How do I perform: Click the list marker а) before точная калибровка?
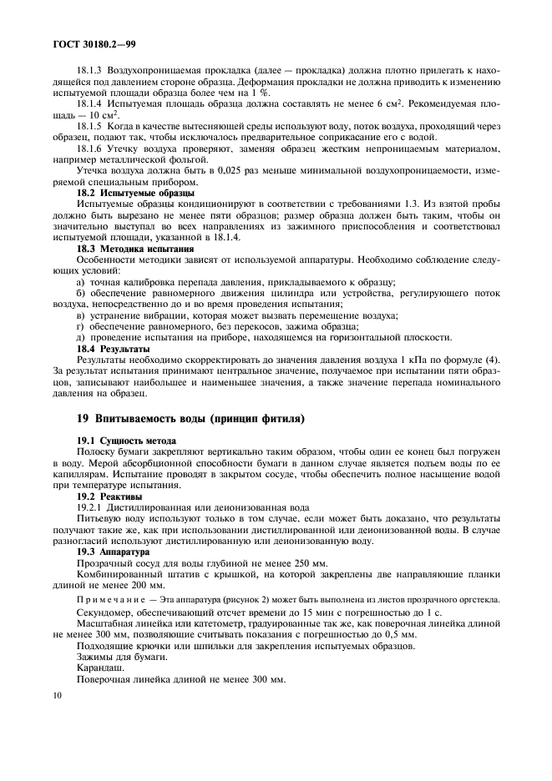click(81, 282)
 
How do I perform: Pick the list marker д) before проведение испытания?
click(81, 337)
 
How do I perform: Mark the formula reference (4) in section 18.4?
click(491, 360)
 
